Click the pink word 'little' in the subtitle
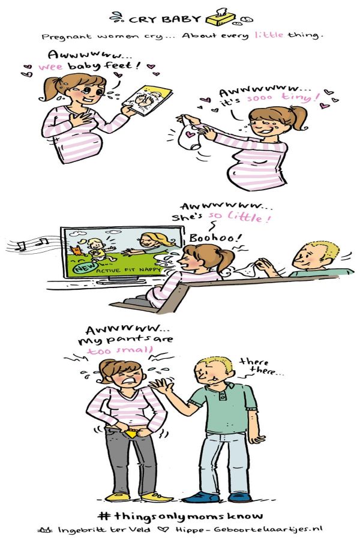pos(269,34)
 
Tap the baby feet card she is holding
pos(147,100)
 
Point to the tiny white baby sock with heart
pos(190,134)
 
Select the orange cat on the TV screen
pos(76,250)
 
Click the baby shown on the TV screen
pos(97,248)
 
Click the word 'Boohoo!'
pos(215,238)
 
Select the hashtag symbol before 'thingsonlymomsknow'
pos(104,515)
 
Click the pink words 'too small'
pos(119,350)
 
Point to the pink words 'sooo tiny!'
pos(283,98)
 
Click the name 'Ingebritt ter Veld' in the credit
pos(103,529)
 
